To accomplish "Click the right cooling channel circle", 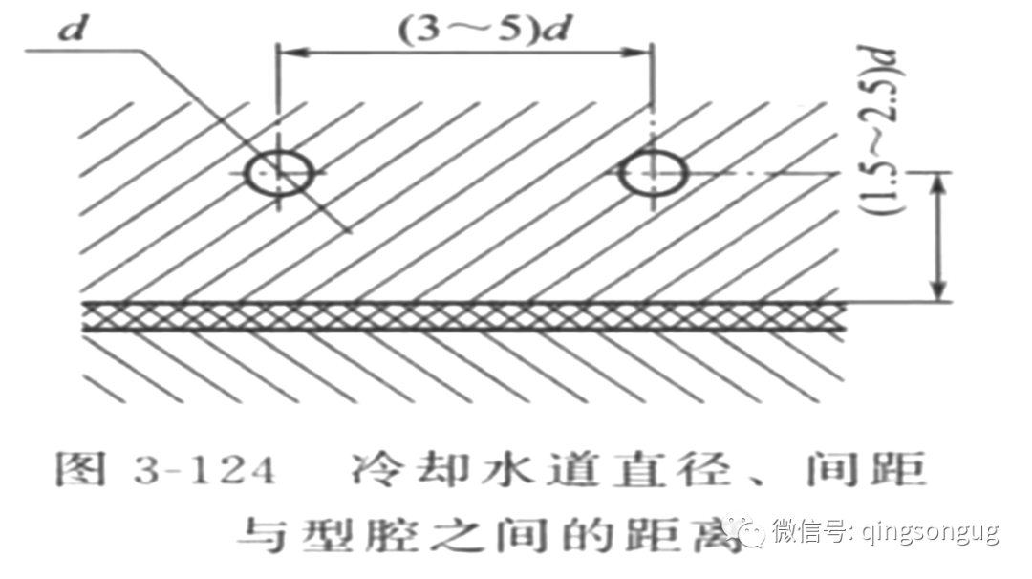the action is tap(653, 174).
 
